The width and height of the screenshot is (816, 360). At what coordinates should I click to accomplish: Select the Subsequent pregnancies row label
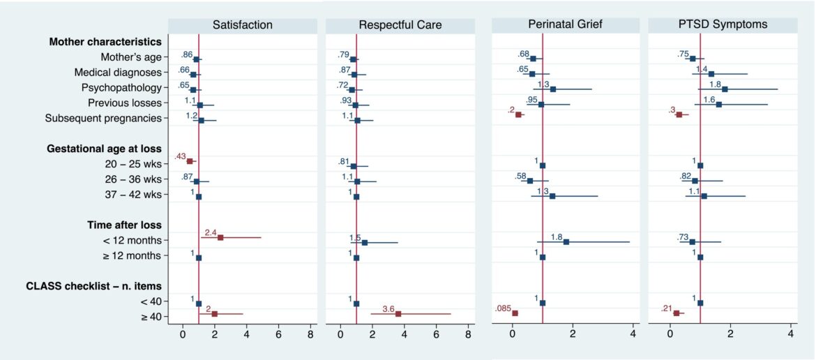click(x=103, y=118)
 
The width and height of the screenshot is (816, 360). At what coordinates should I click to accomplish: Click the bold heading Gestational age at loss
click(x=104, y=149)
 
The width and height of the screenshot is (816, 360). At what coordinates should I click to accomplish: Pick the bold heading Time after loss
click(x=124, y=225)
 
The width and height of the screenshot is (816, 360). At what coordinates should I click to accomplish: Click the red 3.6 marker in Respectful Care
click(x=398, y=314)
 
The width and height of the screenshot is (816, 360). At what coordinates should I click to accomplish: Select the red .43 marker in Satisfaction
click(x=190, y=161)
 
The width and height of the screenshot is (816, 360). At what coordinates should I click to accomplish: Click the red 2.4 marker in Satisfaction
click(x=220, y=237)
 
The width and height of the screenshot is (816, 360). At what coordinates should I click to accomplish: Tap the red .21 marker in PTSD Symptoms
click(x=676, y=313)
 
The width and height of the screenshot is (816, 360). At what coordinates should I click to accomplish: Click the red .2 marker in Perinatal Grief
click(x=517, y=114)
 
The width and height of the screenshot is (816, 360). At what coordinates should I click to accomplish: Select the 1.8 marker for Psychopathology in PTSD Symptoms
click(x=725, y=89)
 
